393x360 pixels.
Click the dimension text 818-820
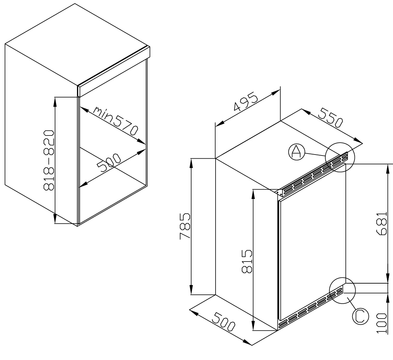pos(49,160)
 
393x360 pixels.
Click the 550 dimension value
pos(329,117)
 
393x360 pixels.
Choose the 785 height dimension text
pos(185,226)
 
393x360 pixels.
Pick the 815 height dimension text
pos(247,261)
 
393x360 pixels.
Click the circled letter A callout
pos(295,152)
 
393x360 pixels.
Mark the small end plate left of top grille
pos(278,193)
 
